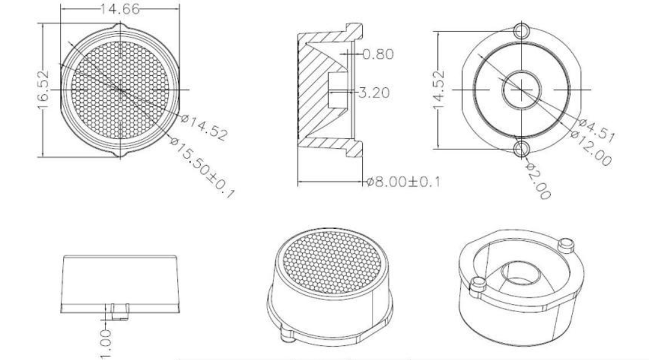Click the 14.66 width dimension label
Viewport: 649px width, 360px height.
(x=119, y=9)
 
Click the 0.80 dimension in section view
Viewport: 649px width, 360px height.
(x=377, y=54)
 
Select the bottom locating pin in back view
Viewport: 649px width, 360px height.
(x=521, y=148)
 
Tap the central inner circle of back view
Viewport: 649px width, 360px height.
(x=520, y=89)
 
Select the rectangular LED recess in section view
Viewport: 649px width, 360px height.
(x=336, y=92)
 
